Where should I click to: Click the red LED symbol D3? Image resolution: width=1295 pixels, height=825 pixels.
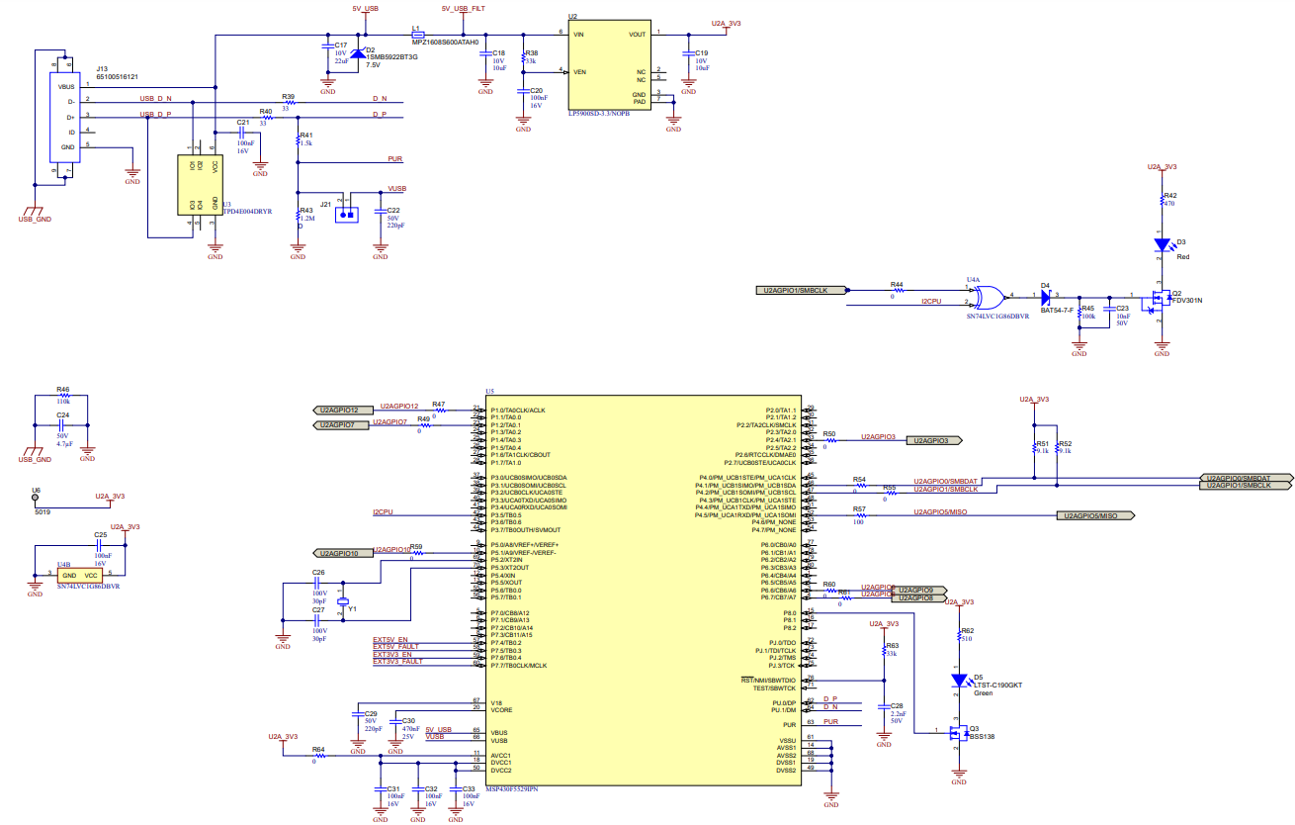[1164, 242]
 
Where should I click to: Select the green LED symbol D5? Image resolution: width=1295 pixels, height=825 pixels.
[959, 681]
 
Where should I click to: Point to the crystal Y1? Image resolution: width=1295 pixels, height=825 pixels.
[342, 601]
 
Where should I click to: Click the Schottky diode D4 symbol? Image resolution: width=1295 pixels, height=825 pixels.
[1044, 295]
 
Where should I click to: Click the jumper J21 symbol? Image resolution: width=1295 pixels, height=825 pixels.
[345, 212]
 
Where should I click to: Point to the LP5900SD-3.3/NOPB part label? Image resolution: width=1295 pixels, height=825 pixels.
[598, 114]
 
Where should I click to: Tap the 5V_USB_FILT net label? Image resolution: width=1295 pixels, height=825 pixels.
[463, 8]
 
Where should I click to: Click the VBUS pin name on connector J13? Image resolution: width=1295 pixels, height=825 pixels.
[66, 86]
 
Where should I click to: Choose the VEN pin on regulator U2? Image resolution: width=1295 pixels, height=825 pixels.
[579, 71]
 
